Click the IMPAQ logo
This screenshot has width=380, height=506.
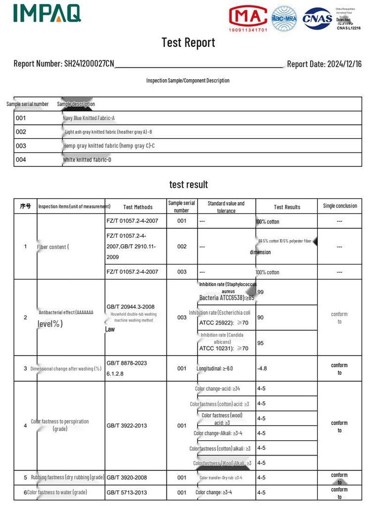(x=47, y=13)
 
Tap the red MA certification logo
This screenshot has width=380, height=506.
(x=248, y=18)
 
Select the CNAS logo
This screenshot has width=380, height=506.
(x=317, y=19)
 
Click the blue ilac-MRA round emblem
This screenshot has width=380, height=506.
(x=284, y=19)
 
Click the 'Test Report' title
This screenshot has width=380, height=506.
(x=188, y=42)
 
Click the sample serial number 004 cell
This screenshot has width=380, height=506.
(x=21, y=160)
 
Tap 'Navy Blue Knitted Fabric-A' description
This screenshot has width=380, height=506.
(x=89, y=119)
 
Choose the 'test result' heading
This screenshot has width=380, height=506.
(x=189, y=184)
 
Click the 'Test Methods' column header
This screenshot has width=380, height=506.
(x=138, y=207)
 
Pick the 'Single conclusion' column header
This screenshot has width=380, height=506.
(x=339, y=206)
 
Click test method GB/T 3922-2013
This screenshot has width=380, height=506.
(x=127, y=425)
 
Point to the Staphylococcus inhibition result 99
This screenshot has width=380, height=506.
(x=260, y=292)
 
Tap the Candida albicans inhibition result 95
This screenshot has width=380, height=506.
(x=260, y=343)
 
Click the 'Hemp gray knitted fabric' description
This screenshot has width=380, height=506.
(x=109, y=146)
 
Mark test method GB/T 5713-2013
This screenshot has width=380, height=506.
(x=127, y=493)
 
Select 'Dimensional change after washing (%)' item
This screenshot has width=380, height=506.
(x=66, y=369)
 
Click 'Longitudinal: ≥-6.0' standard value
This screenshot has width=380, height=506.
(x=214, y=369)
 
